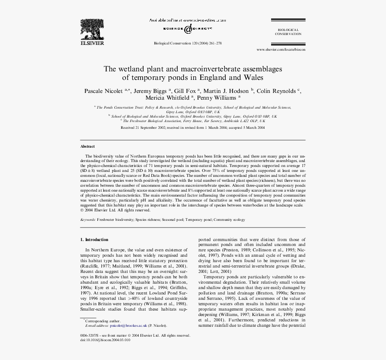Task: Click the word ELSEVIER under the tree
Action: coord(92,44)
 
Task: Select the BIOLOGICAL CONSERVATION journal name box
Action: coord(288,32)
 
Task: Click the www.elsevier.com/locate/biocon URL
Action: coord(281,49)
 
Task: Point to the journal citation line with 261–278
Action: coord(188,44)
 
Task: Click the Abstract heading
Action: coord(88,147)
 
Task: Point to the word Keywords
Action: coord(88,220)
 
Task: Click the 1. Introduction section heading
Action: coord(94,240)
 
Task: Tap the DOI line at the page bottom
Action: coord(105,340)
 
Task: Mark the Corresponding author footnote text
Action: coord(103,321)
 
